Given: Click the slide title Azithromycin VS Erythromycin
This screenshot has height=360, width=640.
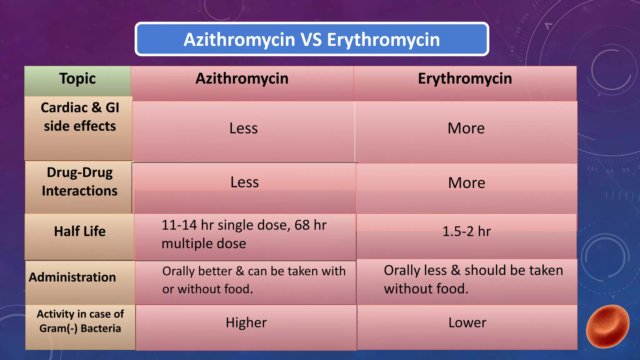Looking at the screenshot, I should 312,39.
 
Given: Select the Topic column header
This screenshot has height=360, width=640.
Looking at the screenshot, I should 77,79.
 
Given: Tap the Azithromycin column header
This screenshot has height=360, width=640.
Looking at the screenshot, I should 242,79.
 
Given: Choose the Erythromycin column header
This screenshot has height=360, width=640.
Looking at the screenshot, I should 465,79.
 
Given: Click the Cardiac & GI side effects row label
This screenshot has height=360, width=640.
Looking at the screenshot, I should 80,117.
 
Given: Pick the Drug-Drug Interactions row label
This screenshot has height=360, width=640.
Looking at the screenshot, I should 80,182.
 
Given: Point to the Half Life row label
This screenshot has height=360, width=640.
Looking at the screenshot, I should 80,232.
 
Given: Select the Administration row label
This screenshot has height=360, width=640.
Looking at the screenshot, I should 72,277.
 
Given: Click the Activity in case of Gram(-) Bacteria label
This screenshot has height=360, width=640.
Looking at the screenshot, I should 80,321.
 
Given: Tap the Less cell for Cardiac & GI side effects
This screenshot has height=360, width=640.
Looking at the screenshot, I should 243,128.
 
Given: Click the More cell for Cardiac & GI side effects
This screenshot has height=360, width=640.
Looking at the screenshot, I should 466,128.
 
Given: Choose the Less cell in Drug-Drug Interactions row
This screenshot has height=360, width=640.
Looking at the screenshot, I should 244,182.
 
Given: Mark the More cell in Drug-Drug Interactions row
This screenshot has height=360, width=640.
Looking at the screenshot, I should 467,183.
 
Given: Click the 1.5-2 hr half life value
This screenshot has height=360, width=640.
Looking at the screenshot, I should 467,232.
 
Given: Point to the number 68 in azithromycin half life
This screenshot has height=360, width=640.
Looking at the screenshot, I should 302,225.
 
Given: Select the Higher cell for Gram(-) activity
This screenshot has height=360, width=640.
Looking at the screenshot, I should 246,323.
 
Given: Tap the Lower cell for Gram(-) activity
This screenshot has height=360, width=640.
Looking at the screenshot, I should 467,323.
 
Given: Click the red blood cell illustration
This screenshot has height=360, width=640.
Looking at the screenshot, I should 607,327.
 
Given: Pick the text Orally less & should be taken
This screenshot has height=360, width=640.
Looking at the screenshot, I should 473,270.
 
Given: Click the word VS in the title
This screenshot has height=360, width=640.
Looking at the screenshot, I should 311,40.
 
